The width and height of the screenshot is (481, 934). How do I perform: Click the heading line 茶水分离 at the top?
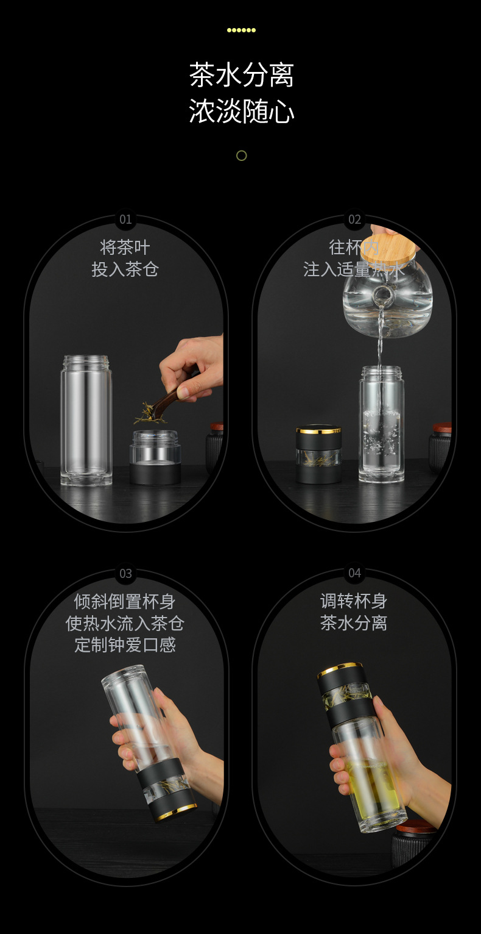click(241, 76)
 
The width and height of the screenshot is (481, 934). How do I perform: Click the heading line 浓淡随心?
click(241, 112)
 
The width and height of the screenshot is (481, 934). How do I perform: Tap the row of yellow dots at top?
click(241, 30)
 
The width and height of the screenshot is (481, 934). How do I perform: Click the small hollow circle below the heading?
click(241, 155)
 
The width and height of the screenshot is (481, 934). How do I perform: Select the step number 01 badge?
click(125, 219)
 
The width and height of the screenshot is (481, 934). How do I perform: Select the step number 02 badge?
click(354, 219)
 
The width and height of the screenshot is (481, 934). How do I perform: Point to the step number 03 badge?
click(125, 574)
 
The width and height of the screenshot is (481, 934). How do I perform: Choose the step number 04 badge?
click(354, 574)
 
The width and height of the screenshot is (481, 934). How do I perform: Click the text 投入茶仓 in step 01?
click(125, 269)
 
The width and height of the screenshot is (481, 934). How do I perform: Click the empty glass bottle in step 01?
click(86, 421)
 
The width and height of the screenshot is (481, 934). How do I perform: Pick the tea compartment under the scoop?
click(155, 457)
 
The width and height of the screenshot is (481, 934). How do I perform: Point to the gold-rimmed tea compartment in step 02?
click(318, 455)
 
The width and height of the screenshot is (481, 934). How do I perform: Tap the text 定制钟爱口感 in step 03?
click(125, 645)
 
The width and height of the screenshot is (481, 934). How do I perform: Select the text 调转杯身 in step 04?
click(354, 601)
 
